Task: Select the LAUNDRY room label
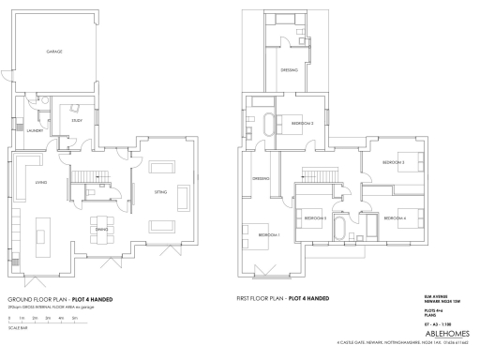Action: (x=34, y=130)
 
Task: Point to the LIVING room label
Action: (x=40, y=182)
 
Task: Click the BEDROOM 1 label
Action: (x=268, y=232)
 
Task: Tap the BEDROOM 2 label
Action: (x=301, y=123)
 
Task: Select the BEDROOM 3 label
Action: (x=393, y=162)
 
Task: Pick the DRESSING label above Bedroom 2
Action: (x=290, y=70)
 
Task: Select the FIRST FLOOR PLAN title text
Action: (x=283, y=299)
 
